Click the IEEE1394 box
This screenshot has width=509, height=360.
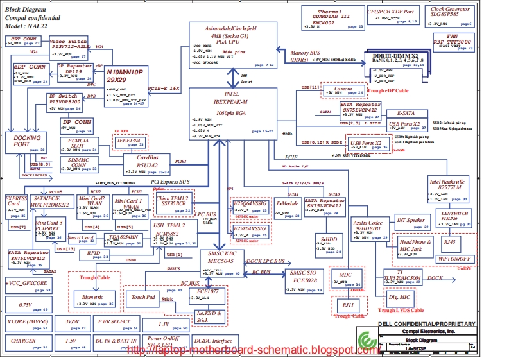pyautogui.click(x=130, y=142)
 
